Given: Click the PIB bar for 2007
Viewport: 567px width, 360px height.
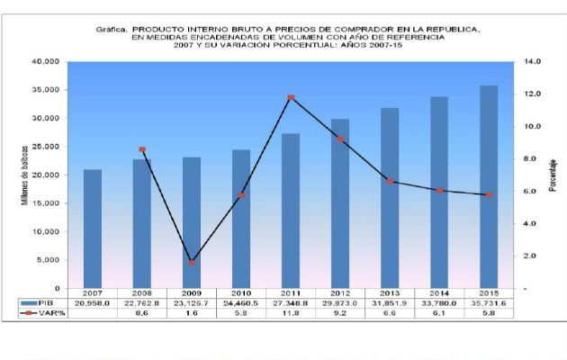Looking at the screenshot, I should pyautogui.click(x=93, y=229).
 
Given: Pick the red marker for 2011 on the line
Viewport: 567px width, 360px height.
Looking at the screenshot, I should pyautogui.click(x=291, y=97).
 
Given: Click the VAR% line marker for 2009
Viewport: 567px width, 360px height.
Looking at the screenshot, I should pyautogui.click(x=192, y=262).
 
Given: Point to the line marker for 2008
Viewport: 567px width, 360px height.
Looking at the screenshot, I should pyautogui.click(x=142, y=149).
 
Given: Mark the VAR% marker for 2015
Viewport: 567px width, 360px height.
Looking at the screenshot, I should pyautogui.click(x=489, y=195).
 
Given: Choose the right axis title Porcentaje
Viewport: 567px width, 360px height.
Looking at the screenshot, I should pyautogui.click(x=555, y=174).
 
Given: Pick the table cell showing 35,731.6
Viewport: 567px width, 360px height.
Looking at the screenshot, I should pyautogui.click(x=489, y=303).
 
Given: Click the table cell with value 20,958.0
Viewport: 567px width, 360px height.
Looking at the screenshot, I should pyautogui.click(x=93, y=303).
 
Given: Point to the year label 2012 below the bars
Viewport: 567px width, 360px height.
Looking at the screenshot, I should pyautogui.click(x=340, y=293).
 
